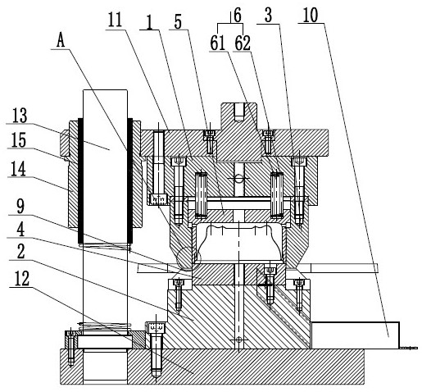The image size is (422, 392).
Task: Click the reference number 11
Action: click(x=115, y=20)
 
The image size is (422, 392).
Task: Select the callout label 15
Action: click(x=19, y=140)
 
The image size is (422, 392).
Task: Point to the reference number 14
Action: click(x=19, y=168)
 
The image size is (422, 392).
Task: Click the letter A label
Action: click(x=61, y=42)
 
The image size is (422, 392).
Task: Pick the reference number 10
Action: click(x=311, y=16)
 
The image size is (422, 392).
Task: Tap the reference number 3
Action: click(x=269, y=16)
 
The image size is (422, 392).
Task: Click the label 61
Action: click(x=218, y=43)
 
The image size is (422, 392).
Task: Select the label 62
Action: click(x=243, y=43)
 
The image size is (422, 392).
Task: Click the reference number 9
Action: click(x=20, y=207)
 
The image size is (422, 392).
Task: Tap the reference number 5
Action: click(x=178, y=22)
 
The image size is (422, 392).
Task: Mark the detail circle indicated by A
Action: click(x=188, y=258)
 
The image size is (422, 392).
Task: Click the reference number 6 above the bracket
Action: click(x=238, y=16)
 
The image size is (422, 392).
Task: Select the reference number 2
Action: click(x=20, y=252)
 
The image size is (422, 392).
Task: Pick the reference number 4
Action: click(x=20, y=230)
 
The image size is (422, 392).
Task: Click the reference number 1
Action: click(x=149, y=22)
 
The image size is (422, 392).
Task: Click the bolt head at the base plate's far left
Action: click(x=70, y=334)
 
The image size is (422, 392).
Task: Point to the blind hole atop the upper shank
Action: click(x=239, y=112)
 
